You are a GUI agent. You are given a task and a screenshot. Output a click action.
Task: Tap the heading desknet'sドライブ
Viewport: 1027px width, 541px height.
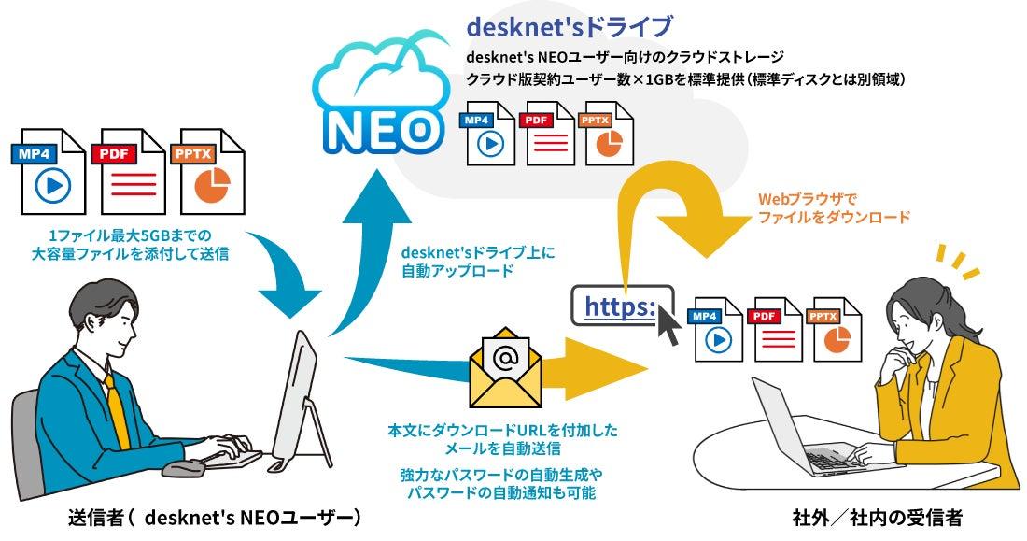pyautogui.click(x=570, y=27)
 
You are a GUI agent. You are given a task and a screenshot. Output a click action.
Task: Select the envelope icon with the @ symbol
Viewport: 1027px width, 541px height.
pyautogui.click(x=506, y=367)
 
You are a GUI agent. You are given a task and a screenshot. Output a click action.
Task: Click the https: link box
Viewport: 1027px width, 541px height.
pyautogui.click(x=622, y=305)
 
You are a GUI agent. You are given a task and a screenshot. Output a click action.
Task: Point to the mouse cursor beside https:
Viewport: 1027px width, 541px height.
pyautogui.click(x=668, y=325)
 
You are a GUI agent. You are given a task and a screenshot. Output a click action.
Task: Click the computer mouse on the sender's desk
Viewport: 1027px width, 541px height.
pyautogui.click(x=183, y=468)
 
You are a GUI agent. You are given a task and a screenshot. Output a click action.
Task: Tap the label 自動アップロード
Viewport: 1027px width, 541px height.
pyautogui.click(x=457, y=270)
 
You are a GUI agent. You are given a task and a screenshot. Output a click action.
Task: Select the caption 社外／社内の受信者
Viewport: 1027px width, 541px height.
pyautogui.click(x=877, y=518)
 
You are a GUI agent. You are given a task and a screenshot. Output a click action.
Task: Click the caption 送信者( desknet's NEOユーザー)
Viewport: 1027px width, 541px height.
pyautogui.click(x=215, y=518)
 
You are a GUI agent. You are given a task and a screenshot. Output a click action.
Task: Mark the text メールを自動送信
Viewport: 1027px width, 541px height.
pyautogui.click(x=503, y=448)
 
